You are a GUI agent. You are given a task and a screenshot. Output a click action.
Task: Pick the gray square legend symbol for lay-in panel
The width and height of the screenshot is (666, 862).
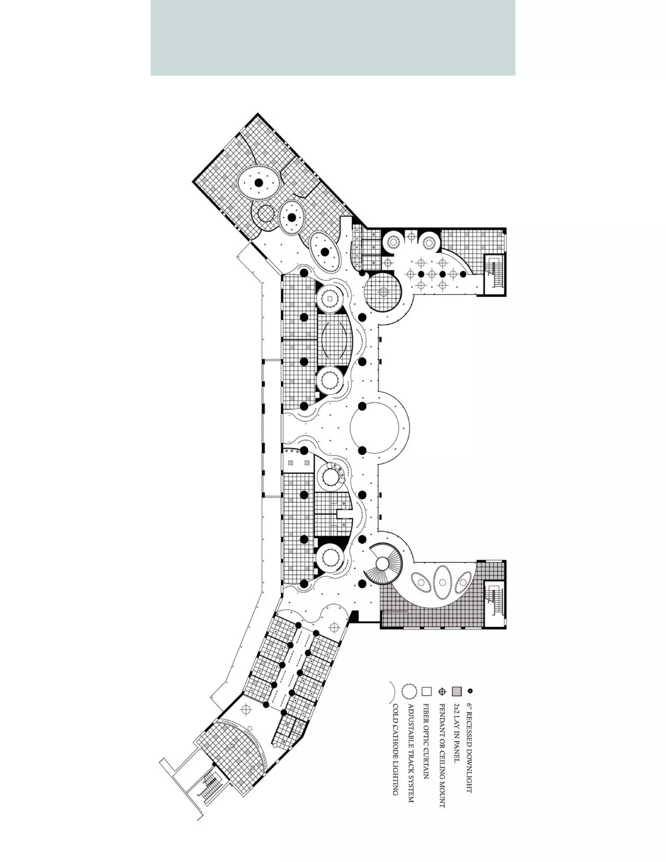457,692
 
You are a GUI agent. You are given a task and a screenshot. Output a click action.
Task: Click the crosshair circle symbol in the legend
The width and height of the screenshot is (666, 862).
442,692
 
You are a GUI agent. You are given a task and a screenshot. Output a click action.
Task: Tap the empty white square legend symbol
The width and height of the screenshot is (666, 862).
426,692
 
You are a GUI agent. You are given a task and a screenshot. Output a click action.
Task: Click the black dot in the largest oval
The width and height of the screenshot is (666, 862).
259,183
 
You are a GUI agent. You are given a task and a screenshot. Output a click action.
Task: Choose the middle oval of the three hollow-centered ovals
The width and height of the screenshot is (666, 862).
442,582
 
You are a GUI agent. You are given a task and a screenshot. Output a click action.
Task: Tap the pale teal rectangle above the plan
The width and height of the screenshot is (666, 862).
333,37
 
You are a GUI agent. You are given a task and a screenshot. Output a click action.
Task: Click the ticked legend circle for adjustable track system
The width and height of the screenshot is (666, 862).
409,691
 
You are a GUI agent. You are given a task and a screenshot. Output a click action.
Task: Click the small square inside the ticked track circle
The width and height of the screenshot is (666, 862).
330,299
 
